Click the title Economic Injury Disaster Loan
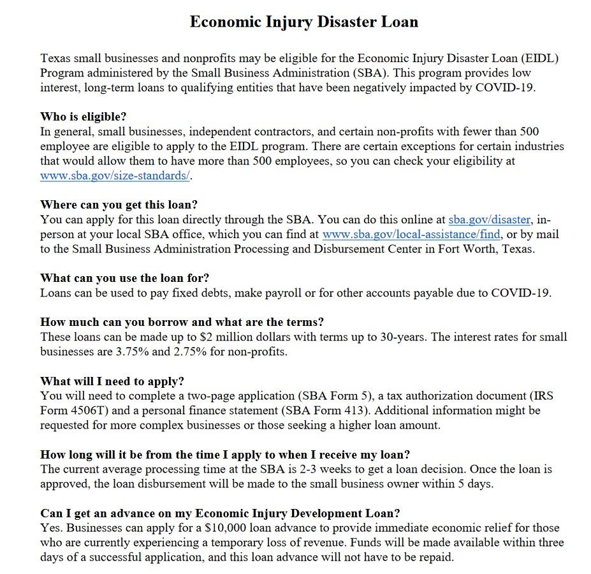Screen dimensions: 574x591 point(304,22)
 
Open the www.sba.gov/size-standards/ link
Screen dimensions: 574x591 point(115,175)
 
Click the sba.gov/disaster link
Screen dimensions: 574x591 point(490,220)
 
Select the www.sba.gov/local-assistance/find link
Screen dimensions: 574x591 point(412,235)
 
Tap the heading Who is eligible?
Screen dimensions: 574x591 point(84,117)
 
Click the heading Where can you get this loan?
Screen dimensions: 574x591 point(119,205)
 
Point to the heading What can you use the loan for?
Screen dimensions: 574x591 point(124,278)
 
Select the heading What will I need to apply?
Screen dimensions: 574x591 point(112,381)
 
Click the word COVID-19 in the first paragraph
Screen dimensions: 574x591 point(505,87)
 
